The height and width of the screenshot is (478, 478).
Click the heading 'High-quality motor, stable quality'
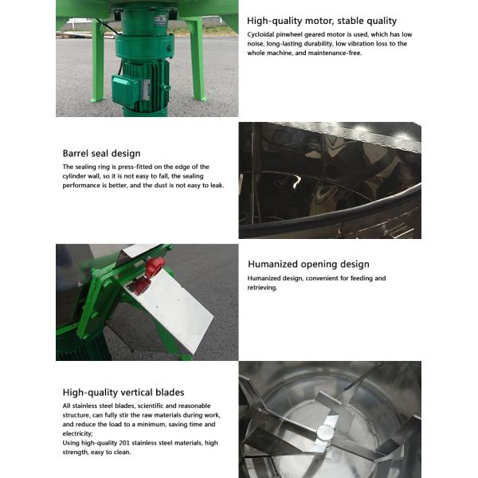pos(322,21)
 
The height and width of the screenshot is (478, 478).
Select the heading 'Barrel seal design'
pos(101,153)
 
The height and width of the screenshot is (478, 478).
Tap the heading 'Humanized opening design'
pos(308,264)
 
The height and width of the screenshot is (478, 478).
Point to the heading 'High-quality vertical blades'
pos(123,392)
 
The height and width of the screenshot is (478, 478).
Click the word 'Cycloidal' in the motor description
pos(261,34)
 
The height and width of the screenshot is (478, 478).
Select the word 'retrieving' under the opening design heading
pos(261,288)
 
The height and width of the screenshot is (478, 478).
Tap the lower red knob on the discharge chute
pos(141,286)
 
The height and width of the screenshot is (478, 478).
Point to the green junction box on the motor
pos(125,90)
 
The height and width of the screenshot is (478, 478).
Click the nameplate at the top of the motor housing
pos(160,21)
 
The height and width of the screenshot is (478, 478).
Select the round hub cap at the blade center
pos(326,432)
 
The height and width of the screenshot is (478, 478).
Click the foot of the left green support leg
pos(97,100)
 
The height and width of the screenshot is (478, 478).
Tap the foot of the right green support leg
pos(200,99)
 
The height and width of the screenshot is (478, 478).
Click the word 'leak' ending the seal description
pos(217,186)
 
